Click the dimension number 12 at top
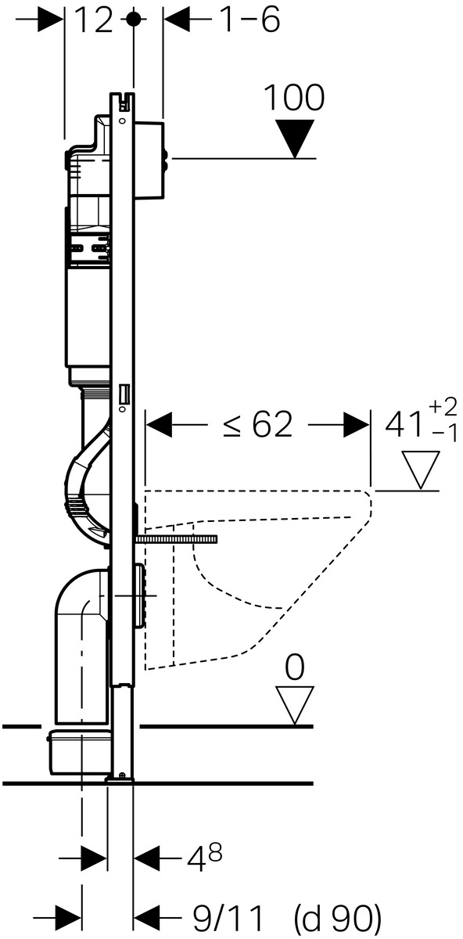95,20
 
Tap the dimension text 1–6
249,20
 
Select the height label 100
294,98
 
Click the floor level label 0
295,667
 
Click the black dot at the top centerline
133,20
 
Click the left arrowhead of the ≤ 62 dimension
159,425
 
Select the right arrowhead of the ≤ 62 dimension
357,425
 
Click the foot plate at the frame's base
120,779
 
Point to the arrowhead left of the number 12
50,20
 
